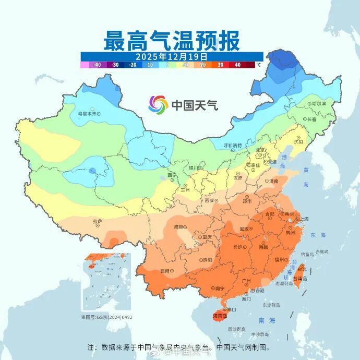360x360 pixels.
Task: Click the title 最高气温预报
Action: [172, 40]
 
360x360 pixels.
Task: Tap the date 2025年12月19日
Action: [172, 56]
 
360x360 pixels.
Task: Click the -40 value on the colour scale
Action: [97, 65]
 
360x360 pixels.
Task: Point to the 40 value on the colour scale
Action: [237, 65]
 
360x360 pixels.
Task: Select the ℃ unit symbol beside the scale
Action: [258, 65]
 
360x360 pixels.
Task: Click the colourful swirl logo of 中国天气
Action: [158, 104]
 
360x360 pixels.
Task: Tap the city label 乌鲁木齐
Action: [87, 113]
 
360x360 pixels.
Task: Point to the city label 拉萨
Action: [97, 221]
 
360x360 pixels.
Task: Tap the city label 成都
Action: [179, 226]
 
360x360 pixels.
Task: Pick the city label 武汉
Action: [244, 229]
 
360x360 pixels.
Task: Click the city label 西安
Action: [209, 200]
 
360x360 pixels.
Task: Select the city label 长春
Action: [312, 119]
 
